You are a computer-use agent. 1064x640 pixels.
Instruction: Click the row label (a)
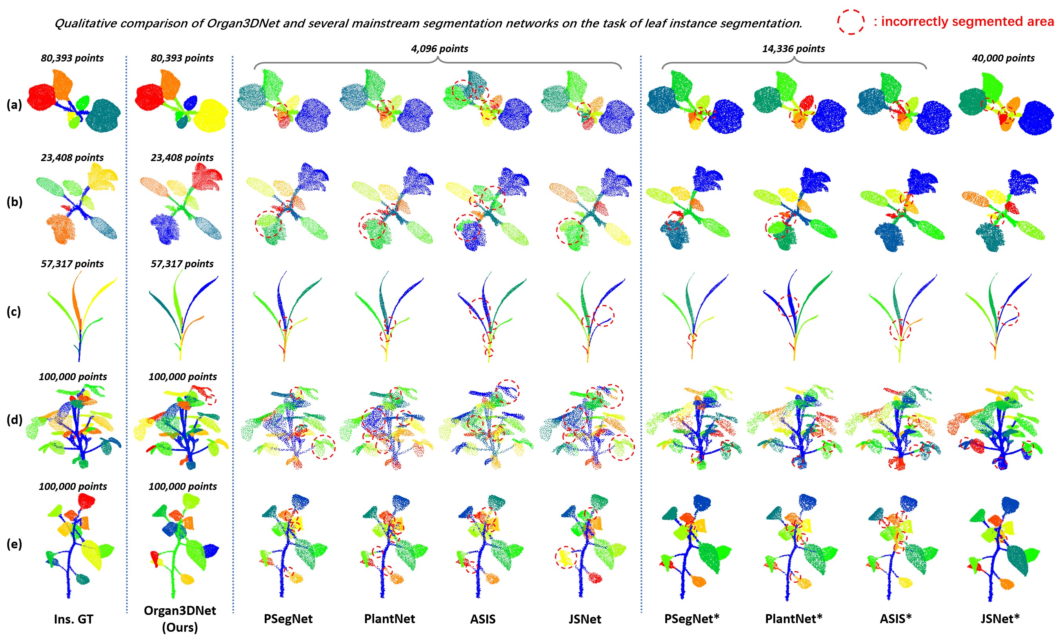(x=14, y=104)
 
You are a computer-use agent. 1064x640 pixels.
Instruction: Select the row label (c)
(x=14, y=311)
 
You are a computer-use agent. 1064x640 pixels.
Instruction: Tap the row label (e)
(x=14, y=544)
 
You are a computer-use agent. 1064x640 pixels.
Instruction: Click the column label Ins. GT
(x=73, y=619)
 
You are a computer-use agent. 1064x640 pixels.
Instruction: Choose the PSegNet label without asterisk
(x=288, y=619)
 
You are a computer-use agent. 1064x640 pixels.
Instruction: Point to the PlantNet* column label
(x=793, y=619)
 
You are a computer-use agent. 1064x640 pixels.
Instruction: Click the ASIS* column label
(x=895, y=619)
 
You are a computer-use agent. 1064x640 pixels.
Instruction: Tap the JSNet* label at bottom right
(x=1000, y=619)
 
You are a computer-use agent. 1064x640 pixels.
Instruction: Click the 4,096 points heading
(x=439, y=49)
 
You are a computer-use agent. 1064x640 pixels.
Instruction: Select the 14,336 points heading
(x=793, y=49)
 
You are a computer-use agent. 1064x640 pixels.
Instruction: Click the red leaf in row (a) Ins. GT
(x=42, y=98)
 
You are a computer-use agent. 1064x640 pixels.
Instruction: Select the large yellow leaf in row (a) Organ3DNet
(x=211, y=115)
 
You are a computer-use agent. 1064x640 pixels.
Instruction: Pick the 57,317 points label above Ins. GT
(x=72, y=264)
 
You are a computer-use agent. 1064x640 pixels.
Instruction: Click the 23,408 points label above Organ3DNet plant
(x=182, y=158)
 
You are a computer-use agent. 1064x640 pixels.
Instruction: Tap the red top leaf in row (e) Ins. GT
(x=86, y=501)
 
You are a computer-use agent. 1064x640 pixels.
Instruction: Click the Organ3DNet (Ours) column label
(x=180, y=619)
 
